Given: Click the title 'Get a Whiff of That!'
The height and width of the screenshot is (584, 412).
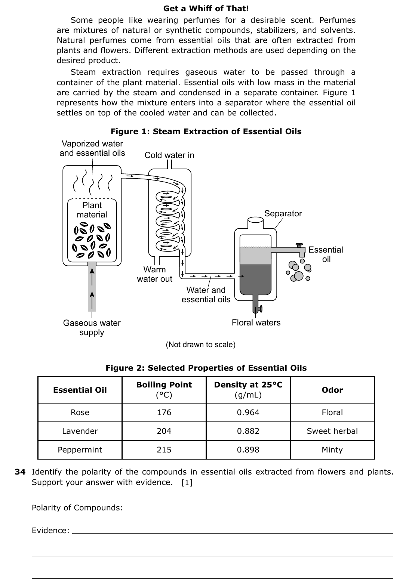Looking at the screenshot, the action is coord(206,9).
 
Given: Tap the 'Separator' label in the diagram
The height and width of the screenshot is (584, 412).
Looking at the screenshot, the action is coord(283,213).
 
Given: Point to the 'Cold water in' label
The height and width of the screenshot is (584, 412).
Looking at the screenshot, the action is coord(169,155).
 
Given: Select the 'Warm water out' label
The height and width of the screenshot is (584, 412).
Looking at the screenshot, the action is coord(154,274).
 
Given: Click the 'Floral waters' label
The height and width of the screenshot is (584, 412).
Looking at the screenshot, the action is coord(256,322).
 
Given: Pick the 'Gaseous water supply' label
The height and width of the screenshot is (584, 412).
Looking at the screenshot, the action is coord(92,327).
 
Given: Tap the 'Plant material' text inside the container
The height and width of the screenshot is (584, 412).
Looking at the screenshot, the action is coord(92,210).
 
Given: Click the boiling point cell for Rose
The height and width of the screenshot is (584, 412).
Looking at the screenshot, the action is coord(164,412).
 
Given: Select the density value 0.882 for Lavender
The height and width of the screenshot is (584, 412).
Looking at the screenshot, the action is coord(248,431).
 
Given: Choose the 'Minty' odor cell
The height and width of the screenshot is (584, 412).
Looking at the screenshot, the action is coord(332,449).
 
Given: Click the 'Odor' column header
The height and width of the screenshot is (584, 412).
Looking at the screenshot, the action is coord(332,390).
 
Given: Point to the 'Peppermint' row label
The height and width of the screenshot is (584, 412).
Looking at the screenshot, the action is coord(80,450).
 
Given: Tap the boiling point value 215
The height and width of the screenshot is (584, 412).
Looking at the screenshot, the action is coord(164,449).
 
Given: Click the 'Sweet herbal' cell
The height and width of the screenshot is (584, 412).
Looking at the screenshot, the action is coord(332,431).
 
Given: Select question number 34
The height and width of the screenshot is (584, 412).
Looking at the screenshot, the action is coord(20,472).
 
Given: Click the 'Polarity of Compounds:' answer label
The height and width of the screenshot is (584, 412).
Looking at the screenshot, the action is coord(77,507).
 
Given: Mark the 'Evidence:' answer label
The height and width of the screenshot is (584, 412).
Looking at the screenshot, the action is coord(50,530).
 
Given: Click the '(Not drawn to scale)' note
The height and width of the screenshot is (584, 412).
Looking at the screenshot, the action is coord(201,344).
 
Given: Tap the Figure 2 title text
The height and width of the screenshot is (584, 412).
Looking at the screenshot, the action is coord(206,368).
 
